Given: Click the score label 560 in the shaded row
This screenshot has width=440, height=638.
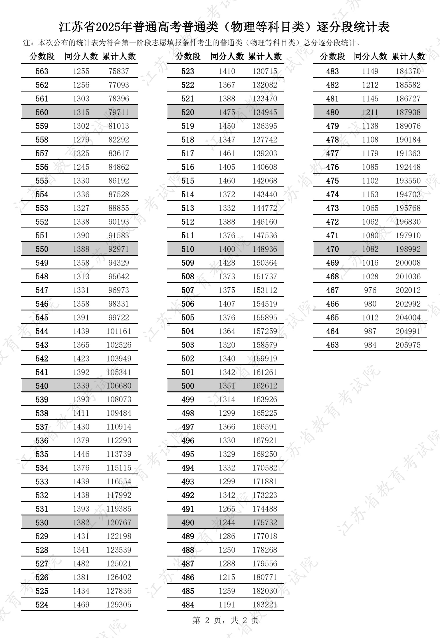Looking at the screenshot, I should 42,112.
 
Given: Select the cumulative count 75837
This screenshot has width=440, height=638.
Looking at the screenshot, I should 119,71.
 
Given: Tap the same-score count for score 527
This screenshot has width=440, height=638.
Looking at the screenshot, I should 81,564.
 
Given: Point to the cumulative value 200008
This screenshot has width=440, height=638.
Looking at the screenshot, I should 408,263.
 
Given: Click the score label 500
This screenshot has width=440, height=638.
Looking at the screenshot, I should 188,386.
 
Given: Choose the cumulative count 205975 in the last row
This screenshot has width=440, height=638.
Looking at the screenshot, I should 408,345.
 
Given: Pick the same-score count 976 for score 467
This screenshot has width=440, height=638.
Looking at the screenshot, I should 370,290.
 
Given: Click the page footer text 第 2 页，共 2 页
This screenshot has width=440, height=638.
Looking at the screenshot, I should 225,620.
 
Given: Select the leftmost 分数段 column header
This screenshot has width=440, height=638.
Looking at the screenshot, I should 42,56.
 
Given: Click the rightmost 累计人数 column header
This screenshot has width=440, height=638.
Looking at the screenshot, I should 408,56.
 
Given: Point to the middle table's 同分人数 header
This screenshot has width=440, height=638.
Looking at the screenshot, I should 227,56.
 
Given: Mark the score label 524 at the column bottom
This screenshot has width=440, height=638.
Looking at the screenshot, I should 42,605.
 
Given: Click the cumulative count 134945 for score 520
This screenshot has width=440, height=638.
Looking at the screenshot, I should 265,112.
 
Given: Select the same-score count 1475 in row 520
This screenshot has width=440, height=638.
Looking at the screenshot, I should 227,112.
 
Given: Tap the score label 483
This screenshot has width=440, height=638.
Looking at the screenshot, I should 332,71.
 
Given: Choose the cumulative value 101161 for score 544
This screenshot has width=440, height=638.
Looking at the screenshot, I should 119,331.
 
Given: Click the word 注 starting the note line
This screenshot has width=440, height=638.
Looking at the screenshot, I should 27,43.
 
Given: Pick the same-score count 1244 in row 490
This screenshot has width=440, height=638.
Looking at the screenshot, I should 227,523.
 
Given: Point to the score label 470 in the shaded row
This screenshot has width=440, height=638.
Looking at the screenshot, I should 332,249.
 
